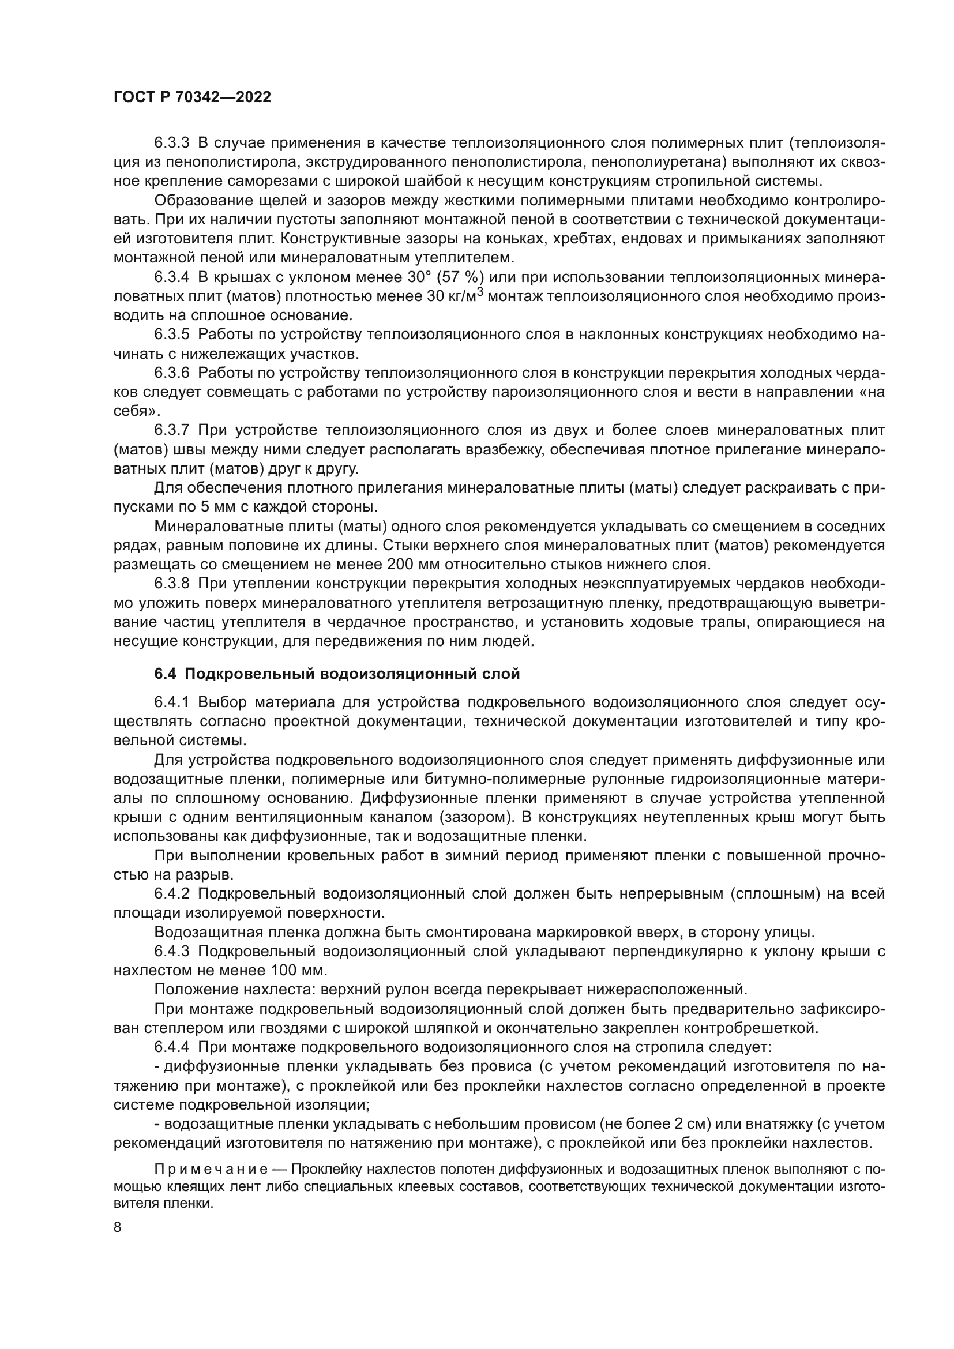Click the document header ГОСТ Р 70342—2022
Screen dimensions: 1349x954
click(192, 97)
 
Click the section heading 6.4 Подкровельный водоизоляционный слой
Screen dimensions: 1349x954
click(337, 674)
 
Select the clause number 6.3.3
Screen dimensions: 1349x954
click(171, 143)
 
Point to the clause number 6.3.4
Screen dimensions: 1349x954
click(171, 277)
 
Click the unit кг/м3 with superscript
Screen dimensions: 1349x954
click(465, 295)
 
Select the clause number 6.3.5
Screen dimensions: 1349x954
click(171, 335)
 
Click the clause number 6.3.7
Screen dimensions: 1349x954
click(171, 430)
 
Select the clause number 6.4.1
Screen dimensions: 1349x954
click(171, 702)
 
